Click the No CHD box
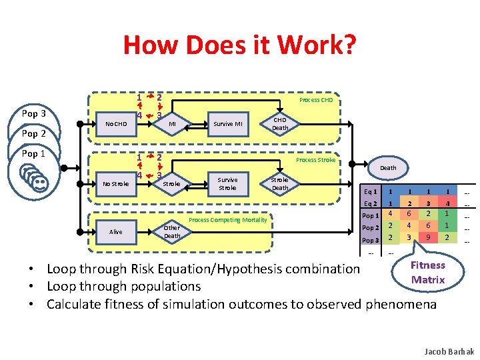click(x=116, y=123)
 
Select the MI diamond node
click(x=171, y=123)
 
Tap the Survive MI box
click(x=227, y=123)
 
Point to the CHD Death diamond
click(x=280, y=123)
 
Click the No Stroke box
click(x=116, y=183)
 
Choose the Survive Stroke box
click(x=227, y=183)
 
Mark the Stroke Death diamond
click(x=280, y=183)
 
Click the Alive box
click(x=116, y=231)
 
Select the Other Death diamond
click(x=172, y=231)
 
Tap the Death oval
click(x=388, y=168)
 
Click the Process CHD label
click(x=316, y=100)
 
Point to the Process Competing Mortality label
click(x=228, y=219)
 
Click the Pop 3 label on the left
click(x=34, y=113)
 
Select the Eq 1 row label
click(x=370, y=192)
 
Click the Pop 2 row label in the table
click(x=370, y=227)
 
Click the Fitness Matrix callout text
click(x=428, y=273)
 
